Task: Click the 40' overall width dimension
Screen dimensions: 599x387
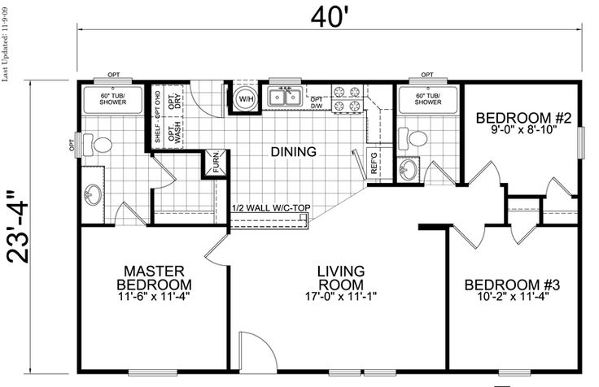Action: (x=330, y=17)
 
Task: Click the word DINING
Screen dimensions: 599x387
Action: (x=293, y=152)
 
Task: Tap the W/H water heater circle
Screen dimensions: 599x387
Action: (x=246, y=99)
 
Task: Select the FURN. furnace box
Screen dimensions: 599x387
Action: (x=216, y=164)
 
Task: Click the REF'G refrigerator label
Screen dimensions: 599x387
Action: (x=374, y=163)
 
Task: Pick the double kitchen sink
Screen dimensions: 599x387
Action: (x=285, y=98)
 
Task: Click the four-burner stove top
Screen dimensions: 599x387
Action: (x=347, y=99)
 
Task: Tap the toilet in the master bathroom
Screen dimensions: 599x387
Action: (x=97, y=145)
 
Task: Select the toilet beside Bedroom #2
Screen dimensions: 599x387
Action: (x=412, y=138)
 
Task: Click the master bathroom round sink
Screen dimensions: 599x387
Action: (x=93, y=193)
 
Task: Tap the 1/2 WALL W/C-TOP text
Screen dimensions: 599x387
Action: (x=271, y=208)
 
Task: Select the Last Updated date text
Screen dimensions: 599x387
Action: (x=5, y=44)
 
